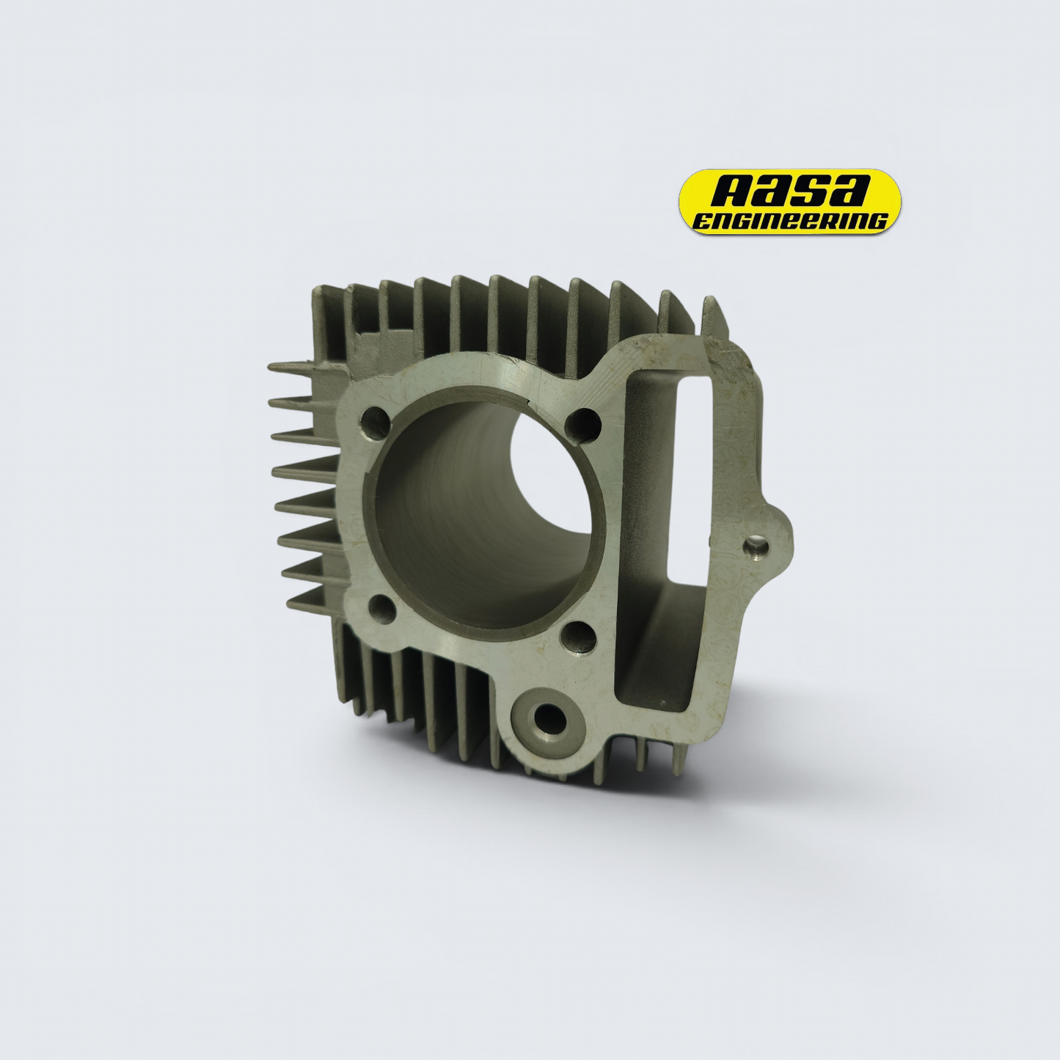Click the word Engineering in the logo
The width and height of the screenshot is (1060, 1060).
pos(790,221)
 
